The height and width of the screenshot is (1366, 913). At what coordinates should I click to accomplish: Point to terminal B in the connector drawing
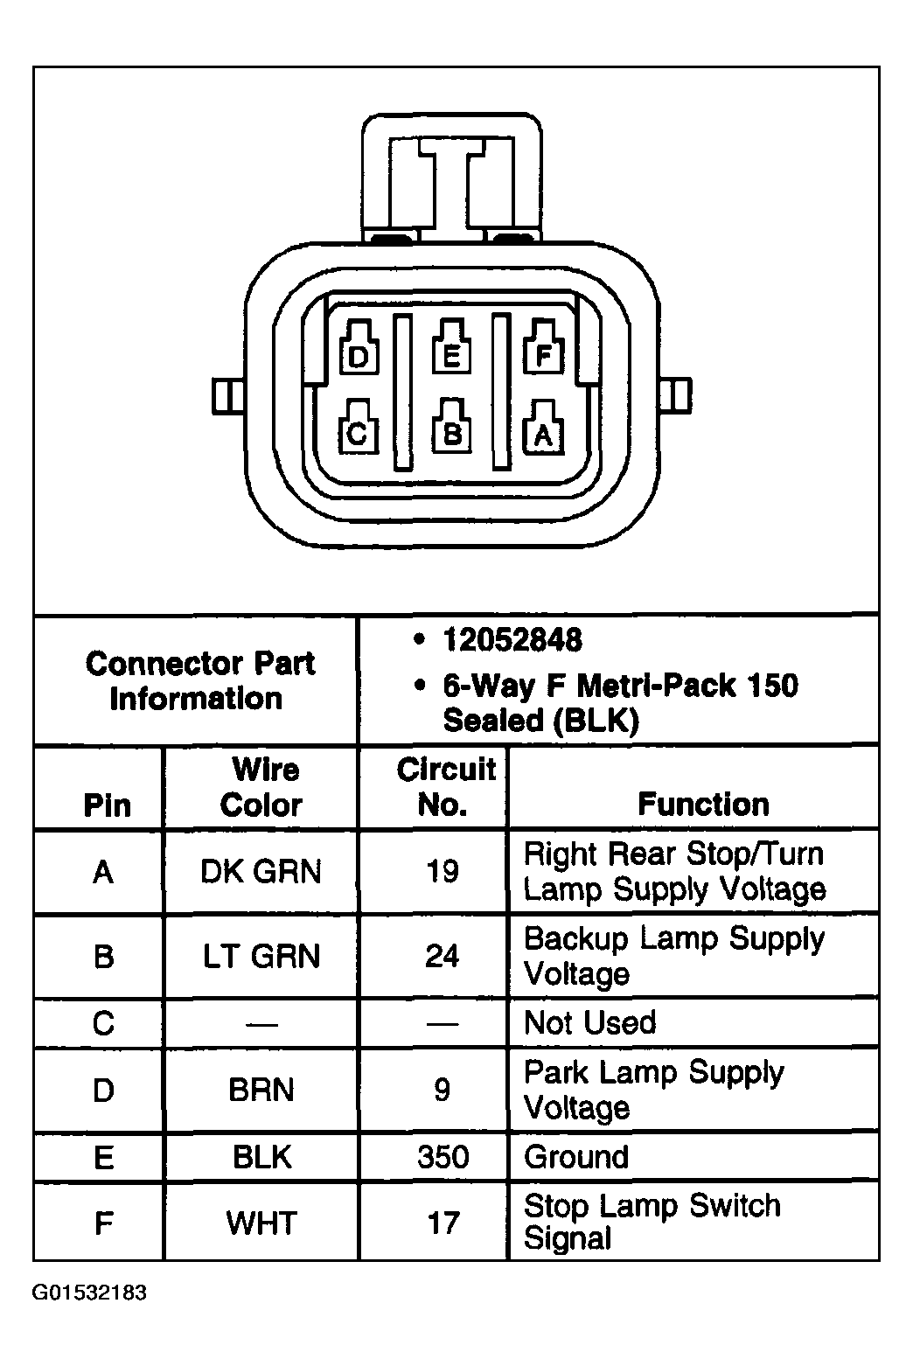[x=452, y=432]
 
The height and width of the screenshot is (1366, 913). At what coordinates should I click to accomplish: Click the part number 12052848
[x=512, y=640]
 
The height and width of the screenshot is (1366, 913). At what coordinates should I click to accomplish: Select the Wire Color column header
[x=261, y=787]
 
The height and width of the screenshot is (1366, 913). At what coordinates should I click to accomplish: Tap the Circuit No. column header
[x=445, y=787]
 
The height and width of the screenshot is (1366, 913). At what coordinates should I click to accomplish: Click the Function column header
[x=703, y=804]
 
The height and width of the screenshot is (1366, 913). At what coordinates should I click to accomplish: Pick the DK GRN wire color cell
[x=261, y=872]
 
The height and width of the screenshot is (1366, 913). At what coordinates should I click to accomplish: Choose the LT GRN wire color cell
[x=261, y=956]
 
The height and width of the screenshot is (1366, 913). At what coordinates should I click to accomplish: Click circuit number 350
[x=443, y=1157]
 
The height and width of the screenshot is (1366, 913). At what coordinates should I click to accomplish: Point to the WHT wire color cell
[x=261, y=1222]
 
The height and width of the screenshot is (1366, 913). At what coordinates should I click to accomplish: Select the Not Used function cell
[x=589, y=1022]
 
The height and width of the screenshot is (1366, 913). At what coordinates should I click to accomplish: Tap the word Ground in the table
[x=576, y=1157]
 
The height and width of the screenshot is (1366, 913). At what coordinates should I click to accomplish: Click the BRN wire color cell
[x=261, y=1090]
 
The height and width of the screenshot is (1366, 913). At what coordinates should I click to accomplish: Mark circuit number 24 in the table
[x=442, y=956]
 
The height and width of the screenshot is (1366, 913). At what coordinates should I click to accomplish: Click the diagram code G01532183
[x=89, y=1293]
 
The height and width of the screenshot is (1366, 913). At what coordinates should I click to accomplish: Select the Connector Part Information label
[x=199, y=680]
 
